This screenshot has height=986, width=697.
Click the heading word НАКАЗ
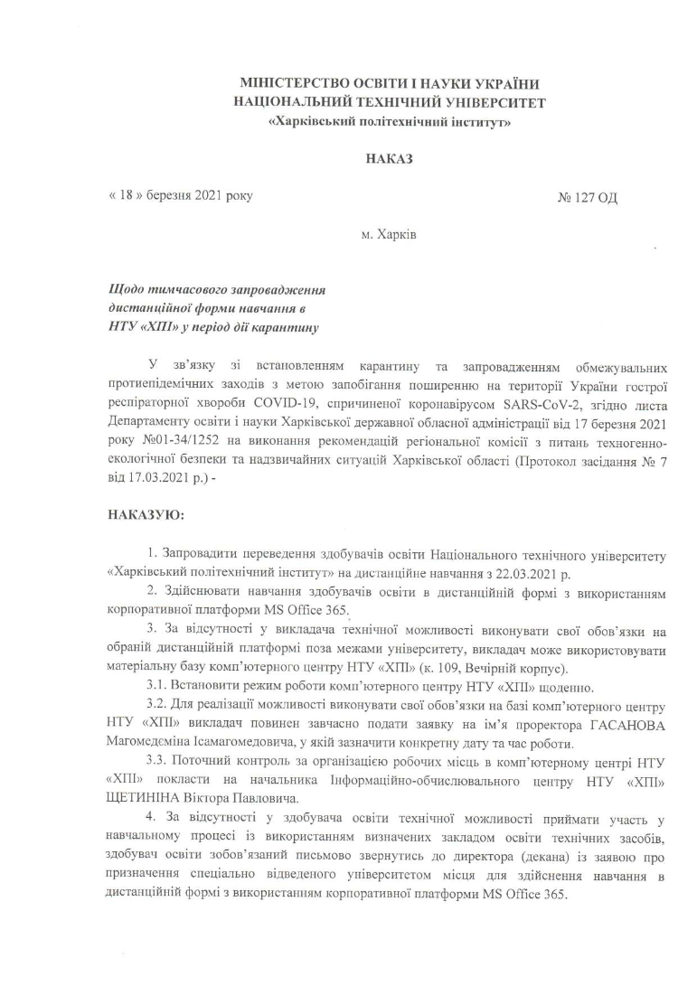click(x=389, y=159)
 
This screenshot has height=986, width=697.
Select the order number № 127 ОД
click(x=588, y=196)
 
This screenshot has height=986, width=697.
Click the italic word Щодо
click(x=125, y=291)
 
